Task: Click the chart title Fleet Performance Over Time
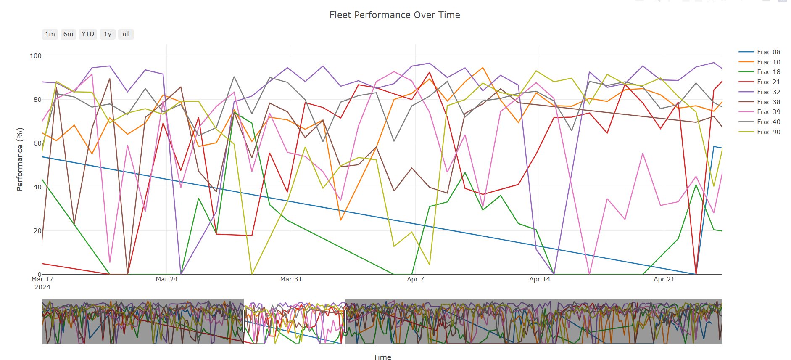point(394,15)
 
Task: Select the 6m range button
point(68,34)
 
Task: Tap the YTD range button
point(88,34)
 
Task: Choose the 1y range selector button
point(108,34)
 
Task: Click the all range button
point(126,34)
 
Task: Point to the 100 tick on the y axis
point(36,56)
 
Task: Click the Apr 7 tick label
point(415,279)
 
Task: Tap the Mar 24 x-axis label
point(166,279)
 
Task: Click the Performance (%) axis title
point(20,159)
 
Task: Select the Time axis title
point(382,357)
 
